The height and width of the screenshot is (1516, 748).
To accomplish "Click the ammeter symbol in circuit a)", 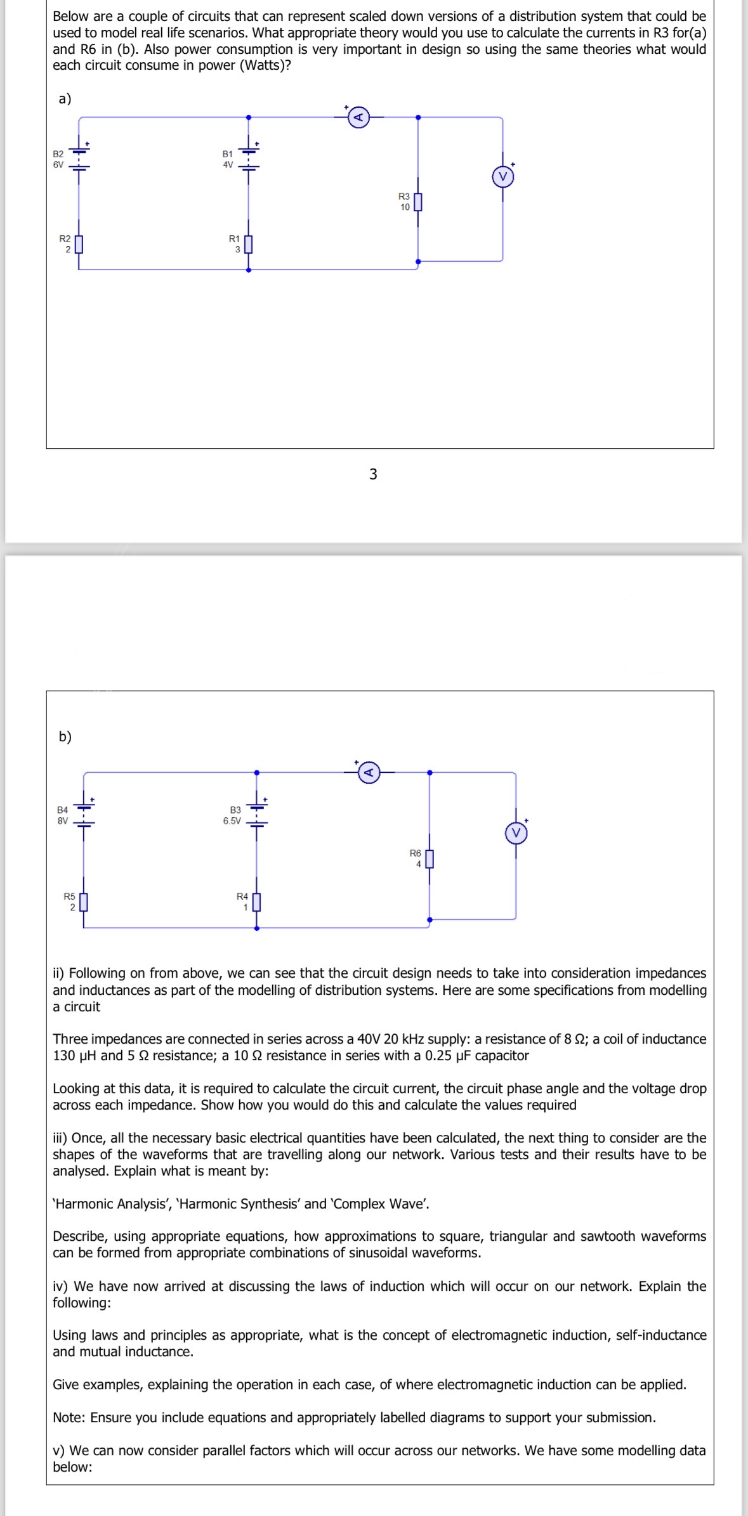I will [358, 117].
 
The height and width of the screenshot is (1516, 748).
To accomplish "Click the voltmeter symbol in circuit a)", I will [503, 177].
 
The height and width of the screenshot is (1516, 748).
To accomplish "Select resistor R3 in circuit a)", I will [417, 202].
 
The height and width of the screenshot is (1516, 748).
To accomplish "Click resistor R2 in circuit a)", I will [79, 244].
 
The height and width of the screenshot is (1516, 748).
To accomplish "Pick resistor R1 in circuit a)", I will [249, 244].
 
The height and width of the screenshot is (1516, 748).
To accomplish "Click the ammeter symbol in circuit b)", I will [370, 772].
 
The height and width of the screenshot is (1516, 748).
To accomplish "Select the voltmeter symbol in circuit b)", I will [516, 833].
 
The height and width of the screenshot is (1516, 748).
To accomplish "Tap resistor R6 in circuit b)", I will [430, 858].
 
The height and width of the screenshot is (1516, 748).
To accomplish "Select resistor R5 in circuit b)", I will [84, 901].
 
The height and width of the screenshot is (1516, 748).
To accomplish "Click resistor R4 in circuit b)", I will [256, 901].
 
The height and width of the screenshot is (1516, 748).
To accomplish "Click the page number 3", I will [373, 474].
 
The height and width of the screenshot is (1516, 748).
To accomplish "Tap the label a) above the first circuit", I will [65, 98].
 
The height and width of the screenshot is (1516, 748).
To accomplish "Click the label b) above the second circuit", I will [65, 736].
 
